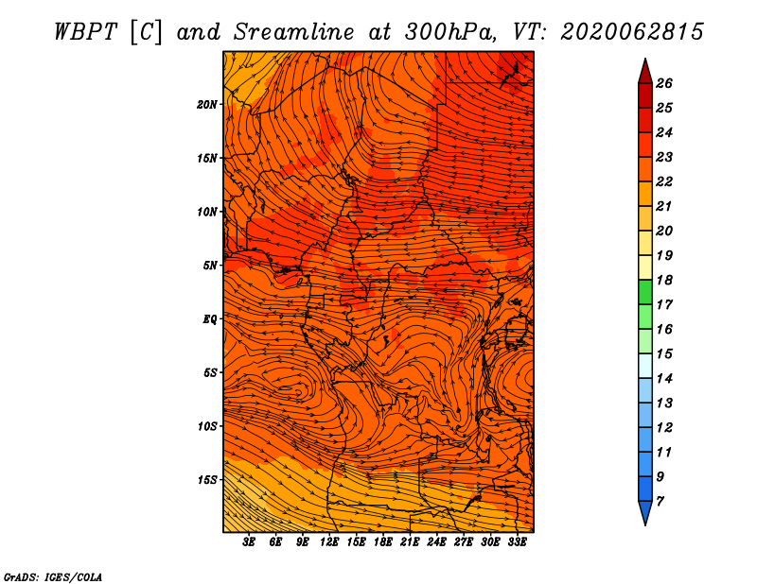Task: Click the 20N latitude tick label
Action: tap(207, 105)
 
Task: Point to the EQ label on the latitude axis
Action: tap(209, 319)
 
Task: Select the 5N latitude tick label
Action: tap(210, 266)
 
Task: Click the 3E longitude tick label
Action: tap(249, 542)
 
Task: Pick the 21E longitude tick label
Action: tap(410, 542)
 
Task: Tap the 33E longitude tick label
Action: tap(517, 542)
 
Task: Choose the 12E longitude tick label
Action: tap(329, 542)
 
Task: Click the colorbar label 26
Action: tap(664, 83)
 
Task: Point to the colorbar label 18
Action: tap(664, 280)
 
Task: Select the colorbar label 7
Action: tap(660, 502)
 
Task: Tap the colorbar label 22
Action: tap(664, 181)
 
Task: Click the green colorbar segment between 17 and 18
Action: tap(645, 292)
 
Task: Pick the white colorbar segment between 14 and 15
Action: tap(645, 366)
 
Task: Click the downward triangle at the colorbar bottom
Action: tap(645, 511)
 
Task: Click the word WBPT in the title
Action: tap(85, 32)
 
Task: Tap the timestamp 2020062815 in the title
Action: tap(631, 32)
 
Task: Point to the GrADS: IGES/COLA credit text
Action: tap(53, 577)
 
